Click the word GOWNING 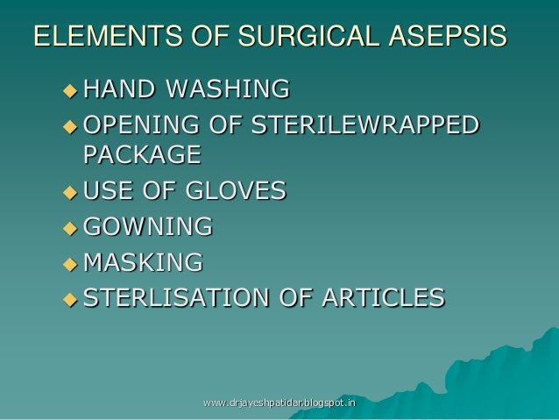[x=147, y=226]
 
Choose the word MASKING [x=143, y=261]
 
